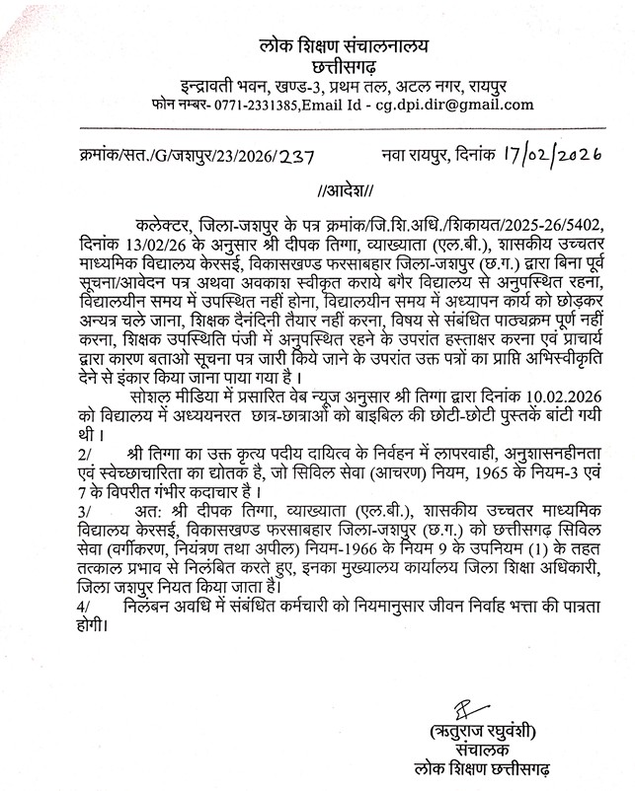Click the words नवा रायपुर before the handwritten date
(x=420, y=156)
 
